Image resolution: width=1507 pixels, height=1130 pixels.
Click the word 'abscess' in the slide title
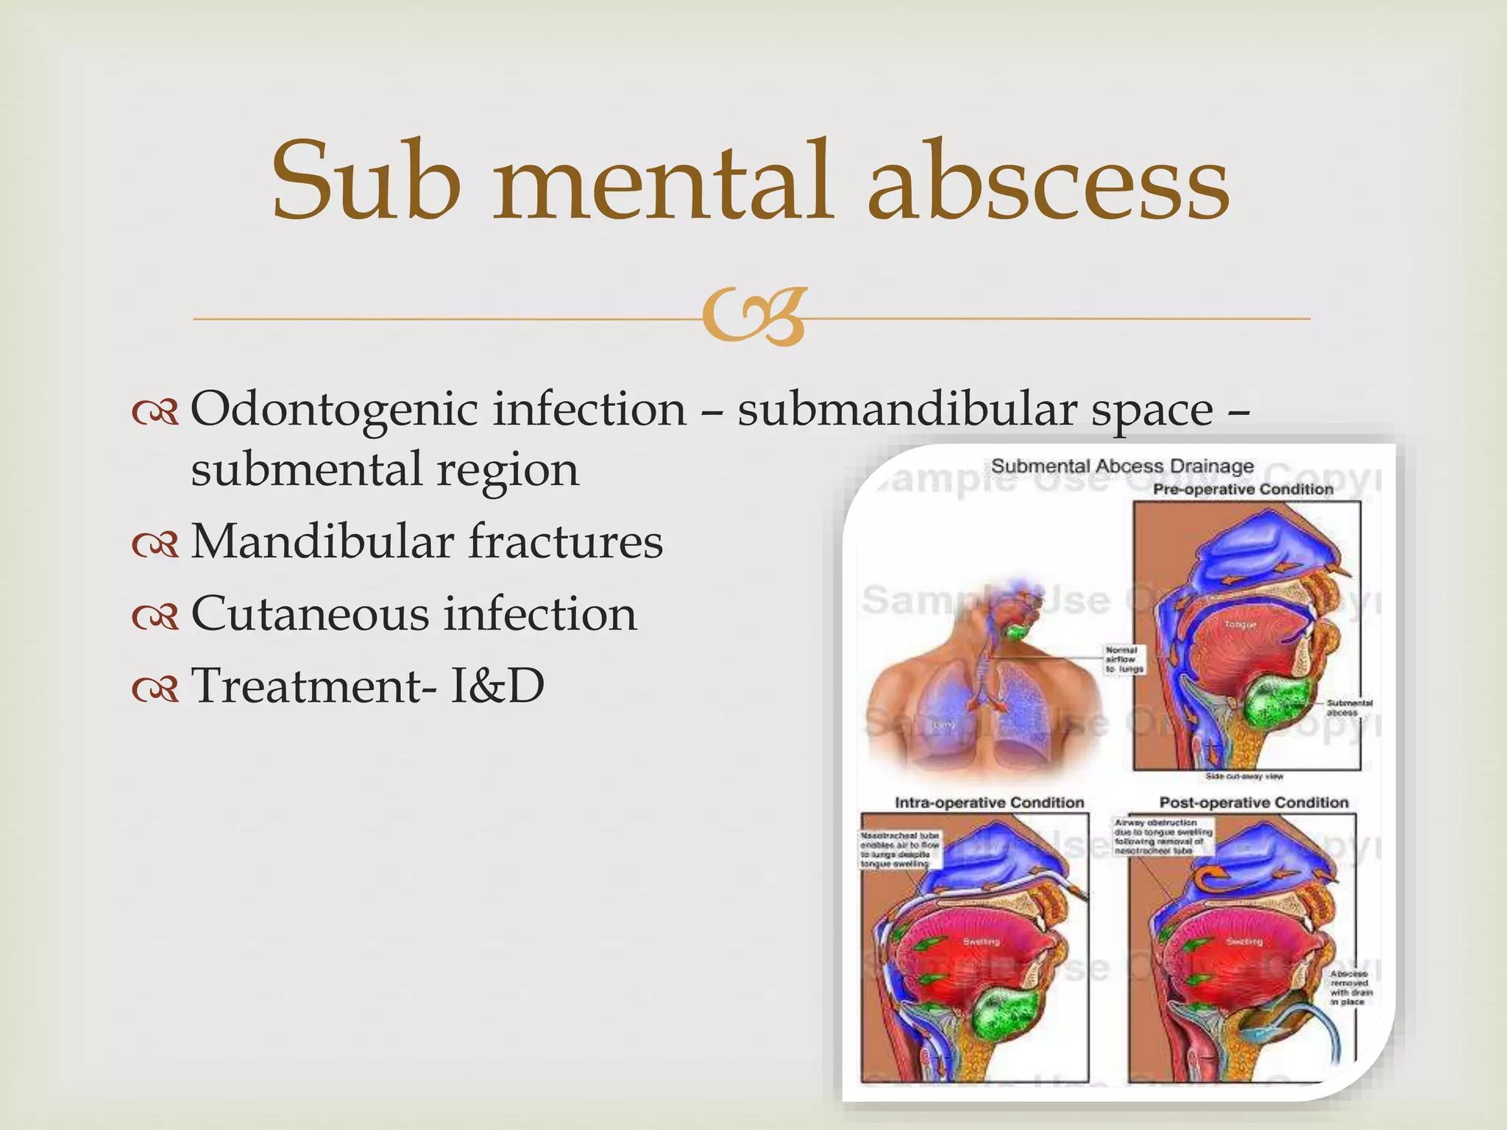click(x=1048, y=182)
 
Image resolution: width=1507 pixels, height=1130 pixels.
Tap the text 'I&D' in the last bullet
click(x=497, y=686)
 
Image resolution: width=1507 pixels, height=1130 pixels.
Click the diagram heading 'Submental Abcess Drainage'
click(x=1122, y=466)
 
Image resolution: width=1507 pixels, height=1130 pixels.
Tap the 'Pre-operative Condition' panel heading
click(x=1243, y=489)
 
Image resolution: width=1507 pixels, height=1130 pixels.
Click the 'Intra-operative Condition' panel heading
click(x=989, y=803)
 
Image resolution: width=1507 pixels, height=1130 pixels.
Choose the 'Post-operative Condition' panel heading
click(x=1254, y=803)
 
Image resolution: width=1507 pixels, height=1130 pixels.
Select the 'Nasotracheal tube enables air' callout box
click(x=900, y=850)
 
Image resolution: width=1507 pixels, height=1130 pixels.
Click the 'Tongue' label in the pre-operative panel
click(x=1240, y=625)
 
